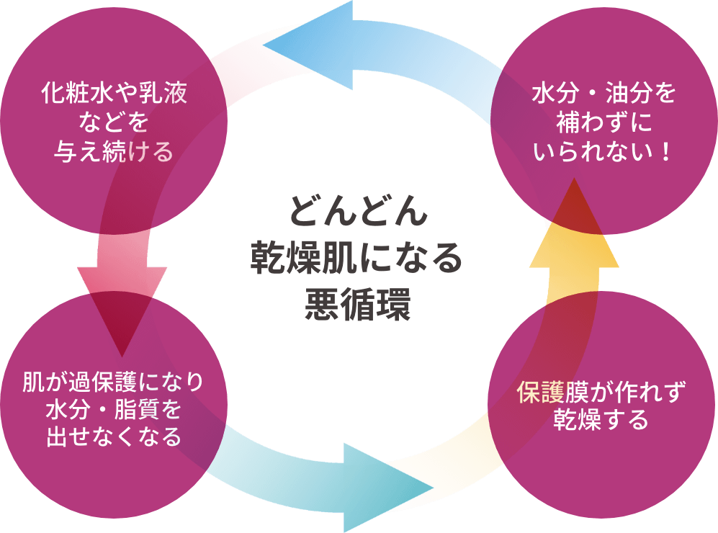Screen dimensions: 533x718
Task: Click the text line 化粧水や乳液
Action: click(114, 95)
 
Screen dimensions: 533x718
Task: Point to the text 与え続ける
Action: click(114, 152)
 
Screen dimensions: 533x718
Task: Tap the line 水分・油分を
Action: click(604, 95)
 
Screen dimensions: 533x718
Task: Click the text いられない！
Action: click(604, 152)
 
